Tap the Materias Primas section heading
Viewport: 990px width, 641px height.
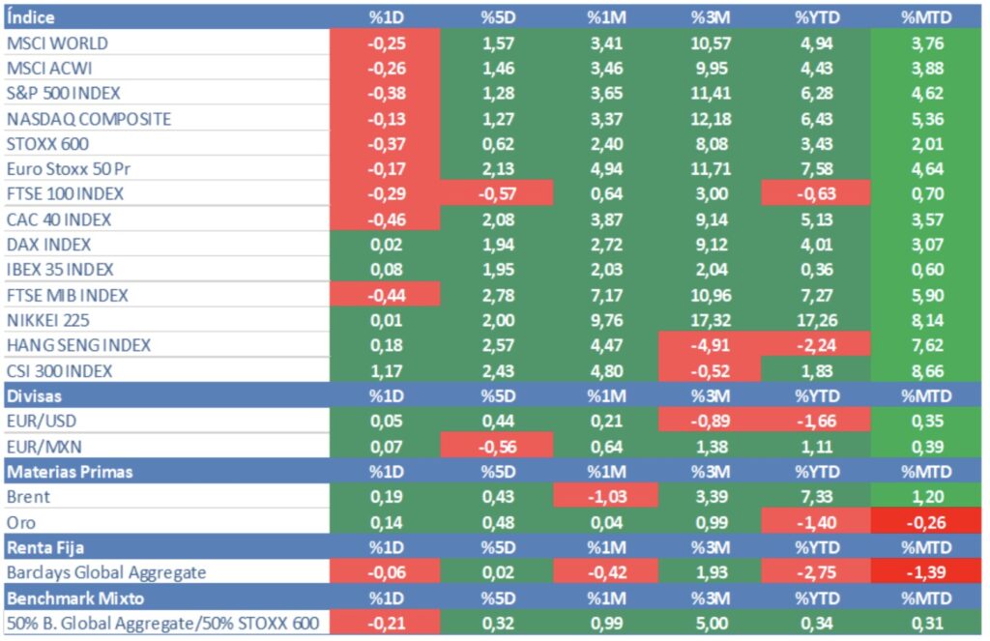click(70, 472)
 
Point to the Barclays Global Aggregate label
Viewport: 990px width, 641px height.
click(106, 572)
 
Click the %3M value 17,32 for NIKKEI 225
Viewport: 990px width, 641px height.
click(710, 320)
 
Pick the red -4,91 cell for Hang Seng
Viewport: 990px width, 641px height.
click(710, 345)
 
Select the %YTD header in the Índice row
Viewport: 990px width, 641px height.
click(814, 17)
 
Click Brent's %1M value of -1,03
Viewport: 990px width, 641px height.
click(605, 497)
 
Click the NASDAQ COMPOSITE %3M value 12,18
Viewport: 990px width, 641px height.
click(710, 119)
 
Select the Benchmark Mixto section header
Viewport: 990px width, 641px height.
click(65, 597)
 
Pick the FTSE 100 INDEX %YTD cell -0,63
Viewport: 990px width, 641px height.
click(814, 194)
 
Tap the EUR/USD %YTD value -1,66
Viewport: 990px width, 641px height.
click(814, 422)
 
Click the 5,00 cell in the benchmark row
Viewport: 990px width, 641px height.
click(710, 623)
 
